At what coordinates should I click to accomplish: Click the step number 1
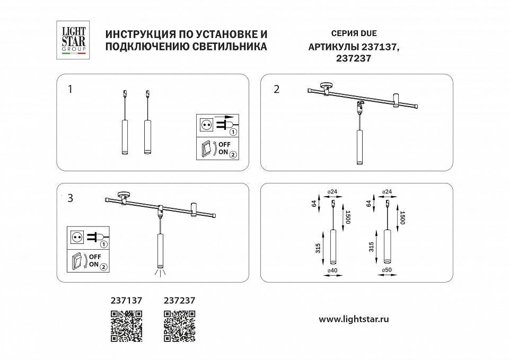click(x=70, y=89)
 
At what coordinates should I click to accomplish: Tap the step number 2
click(x=276, y=89)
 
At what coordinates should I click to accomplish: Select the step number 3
click(x=70, y=199)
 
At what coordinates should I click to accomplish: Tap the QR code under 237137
click(x=126, y=326)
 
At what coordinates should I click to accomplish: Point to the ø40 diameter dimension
click(x=332, y=270)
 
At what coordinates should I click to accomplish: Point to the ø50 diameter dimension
click(x=387, y=270)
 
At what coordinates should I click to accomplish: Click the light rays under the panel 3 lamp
click(x=160, y=273)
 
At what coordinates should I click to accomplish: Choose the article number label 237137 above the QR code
click(x=126, y=300)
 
